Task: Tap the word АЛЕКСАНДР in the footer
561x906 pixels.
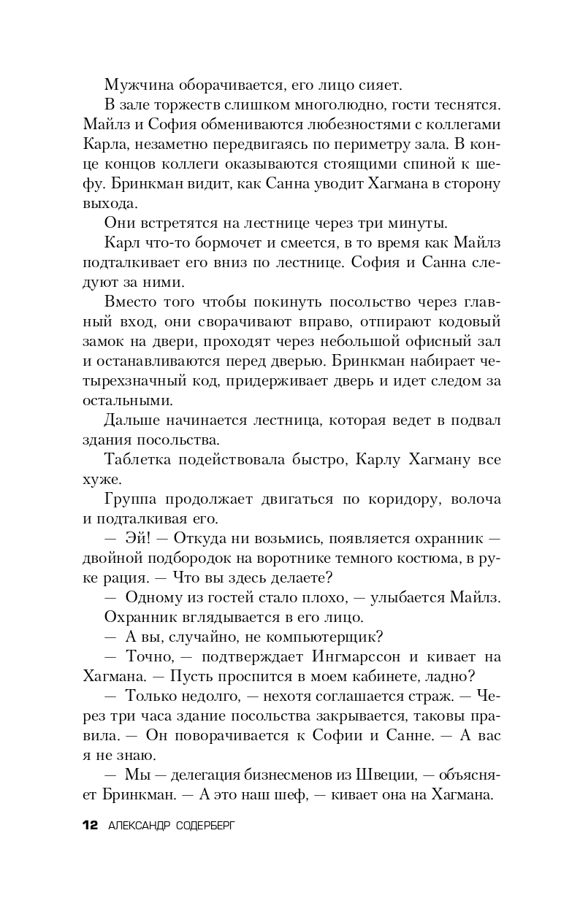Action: pyautogui.click(x=140, y=826)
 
